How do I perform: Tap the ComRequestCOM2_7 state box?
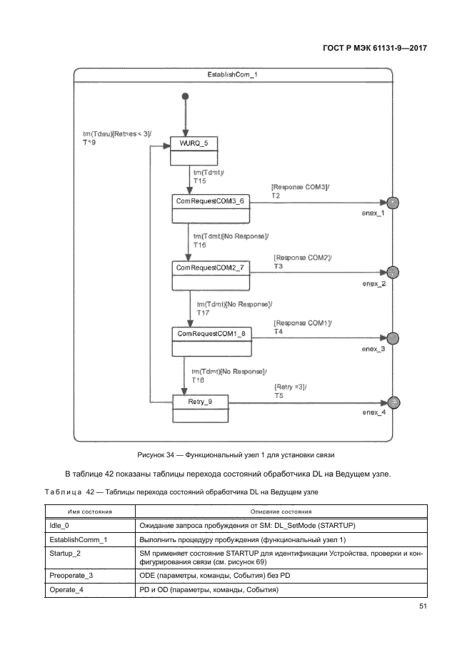click(x=210, y=275)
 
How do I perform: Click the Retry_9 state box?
click(x=199, y=409)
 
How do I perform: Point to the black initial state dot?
click(x=185, y=96)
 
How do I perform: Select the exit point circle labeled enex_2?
click(x=392, y=272)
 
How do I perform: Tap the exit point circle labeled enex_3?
click(x=392, y=338)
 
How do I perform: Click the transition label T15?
click(x=199, y=180)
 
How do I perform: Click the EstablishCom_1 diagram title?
click(x=233, y=75)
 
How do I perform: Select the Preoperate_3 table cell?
click(x=71, y=575)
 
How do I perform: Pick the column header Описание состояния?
click(x=282, y=511)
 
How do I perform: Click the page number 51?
click(x=422, y=608)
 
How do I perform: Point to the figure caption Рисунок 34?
click(x=236, y=454)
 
